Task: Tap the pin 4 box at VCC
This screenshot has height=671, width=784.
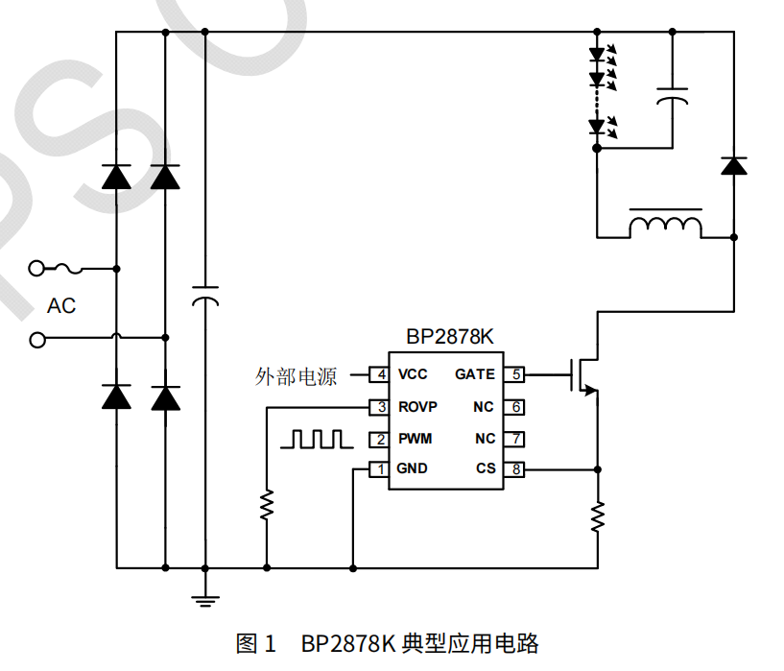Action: [380, 374]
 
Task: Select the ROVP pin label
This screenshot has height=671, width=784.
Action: [417, 407]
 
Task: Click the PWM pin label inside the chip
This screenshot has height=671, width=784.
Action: [416, 439]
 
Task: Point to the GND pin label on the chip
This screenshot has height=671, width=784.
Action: [413, 469]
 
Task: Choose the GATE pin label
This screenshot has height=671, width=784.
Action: [475, 374]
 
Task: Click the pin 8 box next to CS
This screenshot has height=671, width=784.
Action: [516, 469]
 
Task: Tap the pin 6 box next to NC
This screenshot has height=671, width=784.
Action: [516, 407]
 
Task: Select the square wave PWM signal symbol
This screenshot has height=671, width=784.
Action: [315, 440]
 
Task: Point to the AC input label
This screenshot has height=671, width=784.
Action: [61, 306]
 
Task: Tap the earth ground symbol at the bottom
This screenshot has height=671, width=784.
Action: [204, 600]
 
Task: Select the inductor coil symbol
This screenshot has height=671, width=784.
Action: [665, 226]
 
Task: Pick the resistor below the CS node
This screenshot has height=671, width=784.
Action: [598, 516]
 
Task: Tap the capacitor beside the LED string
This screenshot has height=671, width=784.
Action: [673, 96]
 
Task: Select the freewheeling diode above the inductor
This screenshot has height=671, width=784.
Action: [734, 166]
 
